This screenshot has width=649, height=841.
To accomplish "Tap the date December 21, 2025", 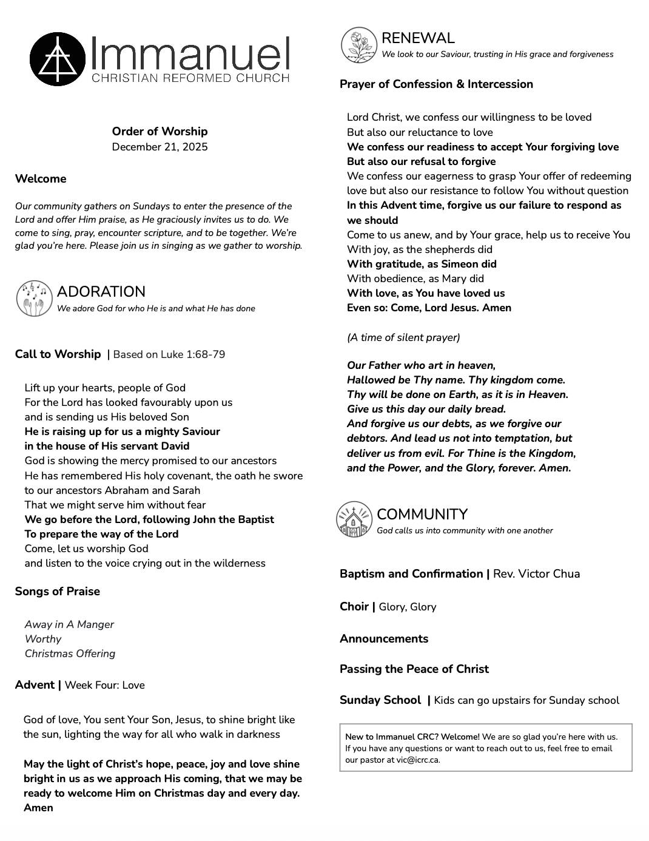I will pos(160,147).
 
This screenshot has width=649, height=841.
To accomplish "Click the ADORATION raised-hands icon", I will pos(34,299).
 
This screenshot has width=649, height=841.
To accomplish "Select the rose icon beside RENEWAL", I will pos(359,45).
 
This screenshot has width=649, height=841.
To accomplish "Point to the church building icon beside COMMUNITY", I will pos(354,519).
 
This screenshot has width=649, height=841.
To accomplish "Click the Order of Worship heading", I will pos(160,131).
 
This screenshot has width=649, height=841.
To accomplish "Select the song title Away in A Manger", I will pos(69,624).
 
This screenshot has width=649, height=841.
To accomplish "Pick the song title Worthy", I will pos(43,639).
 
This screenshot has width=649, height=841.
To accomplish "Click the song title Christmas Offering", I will pos(70,654).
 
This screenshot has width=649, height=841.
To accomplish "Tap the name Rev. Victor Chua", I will pos(536,574).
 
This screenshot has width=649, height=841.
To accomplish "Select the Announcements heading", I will pos(384,639).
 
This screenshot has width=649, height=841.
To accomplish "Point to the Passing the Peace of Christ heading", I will pos(414,669).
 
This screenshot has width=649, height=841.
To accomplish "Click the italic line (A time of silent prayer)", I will pos(403,337).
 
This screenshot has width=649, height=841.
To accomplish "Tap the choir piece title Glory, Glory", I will pos(407,607).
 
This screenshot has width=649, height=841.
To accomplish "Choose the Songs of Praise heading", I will pos(58,592).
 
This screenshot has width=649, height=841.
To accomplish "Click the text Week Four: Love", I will pos(104,685).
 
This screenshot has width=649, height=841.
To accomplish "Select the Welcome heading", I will pos(41,179).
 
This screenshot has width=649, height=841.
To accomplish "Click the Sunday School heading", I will pos(380,700).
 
